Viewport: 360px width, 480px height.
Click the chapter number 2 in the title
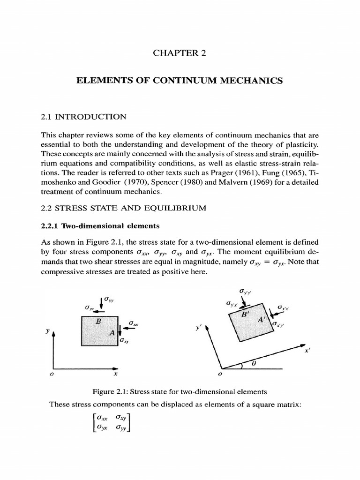tap(203, 53)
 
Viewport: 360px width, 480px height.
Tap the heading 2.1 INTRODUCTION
tap(84, 116)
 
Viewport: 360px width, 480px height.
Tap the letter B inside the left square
tap(98, 322)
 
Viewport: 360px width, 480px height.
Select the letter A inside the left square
tap(111, 332)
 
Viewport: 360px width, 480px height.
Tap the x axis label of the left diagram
tap(115, 375)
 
